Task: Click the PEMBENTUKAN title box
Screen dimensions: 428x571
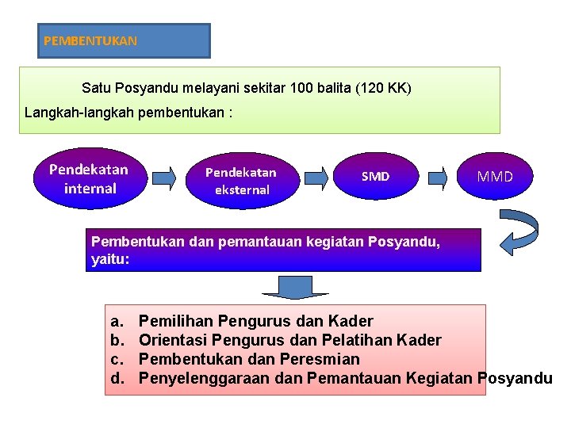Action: pos(124,40)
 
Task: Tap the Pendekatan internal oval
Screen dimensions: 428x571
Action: pos(88,179)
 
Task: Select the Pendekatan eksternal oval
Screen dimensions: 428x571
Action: pos(240,180)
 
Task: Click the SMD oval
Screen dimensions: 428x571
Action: pos(375,176)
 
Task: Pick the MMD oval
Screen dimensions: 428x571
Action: pos(495,176)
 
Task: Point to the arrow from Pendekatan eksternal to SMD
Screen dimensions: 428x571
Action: pos(316,176)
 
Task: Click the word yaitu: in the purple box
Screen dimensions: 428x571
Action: pos(110,258)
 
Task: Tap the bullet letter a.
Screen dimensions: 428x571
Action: pos(116,321)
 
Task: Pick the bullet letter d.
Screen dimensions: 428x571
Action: pos(117,378)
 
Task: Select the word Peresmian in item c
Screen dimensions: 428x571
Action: pos(327,359)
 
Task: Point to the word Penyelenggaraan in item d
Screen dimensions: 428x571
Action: pos(205,378)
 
